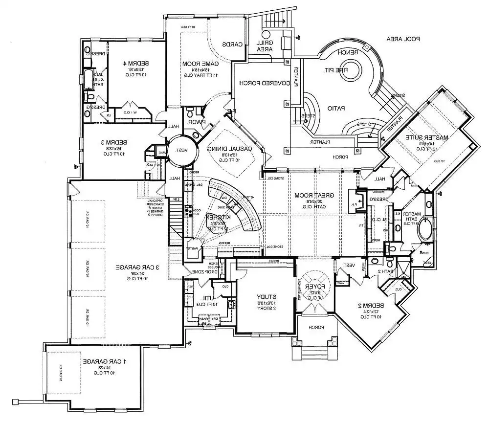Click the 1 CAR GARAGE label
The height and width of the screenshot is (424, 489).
point(105,361)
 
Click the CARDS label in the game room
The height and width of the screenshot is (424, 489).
point(233,44)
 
